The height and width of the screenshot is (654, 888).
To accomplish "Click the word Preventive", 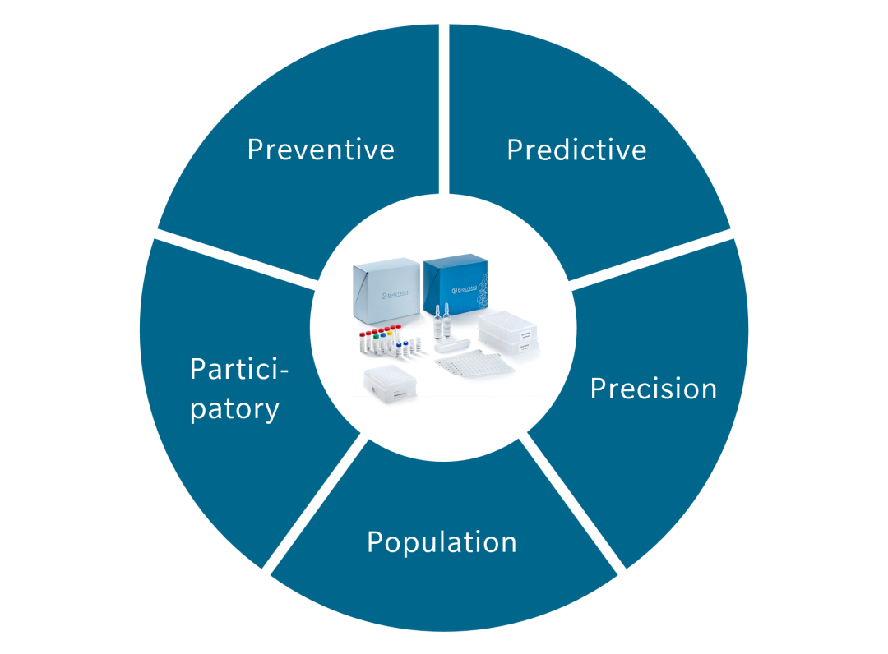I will [x=321, y=150].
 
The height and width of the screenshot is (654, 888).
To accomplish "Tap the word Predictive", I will [x=576, y=150].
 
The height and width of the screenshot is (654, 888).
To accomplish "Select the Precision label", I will [x=653, y=389].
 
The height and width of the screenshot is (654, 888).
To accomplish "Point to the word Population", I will [x=442, y=542].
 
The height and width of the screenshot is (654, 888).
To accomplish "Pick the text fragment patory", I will [x=234, y=408].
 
